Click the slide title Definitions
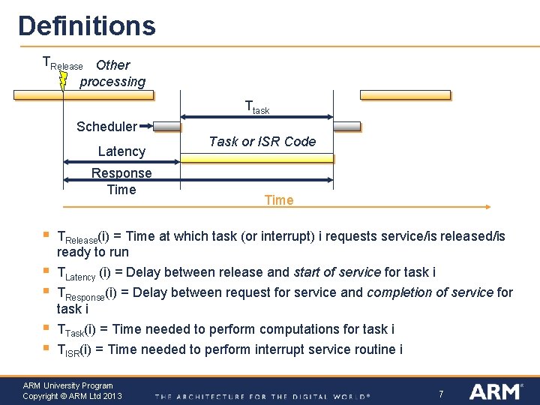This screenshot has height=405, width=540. click(87, 25)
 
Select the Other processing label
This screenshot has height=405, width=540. click(112, 73)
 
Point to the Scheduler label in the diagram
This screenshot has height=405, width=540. click(106, 127)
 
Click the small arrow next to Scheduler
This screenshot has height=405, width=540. click(146, 127)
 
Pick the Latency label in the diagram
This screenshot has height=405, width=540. click(121, 151)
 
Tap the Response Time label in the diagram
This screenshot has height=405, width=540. click(121, 181)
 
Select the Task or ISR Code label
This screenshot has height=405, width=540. click(262, 142)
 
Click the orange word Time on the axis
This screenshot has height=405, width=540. click(279, 200)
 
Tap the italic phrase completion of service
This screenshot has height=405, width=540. click(430, 292)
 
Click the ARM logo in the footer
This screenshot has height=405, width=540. click(497, 391)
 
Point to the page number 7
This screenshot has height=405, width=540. click(442, 394)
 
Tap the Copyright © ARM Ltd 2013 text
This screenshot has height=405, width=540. click(72, 396)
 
